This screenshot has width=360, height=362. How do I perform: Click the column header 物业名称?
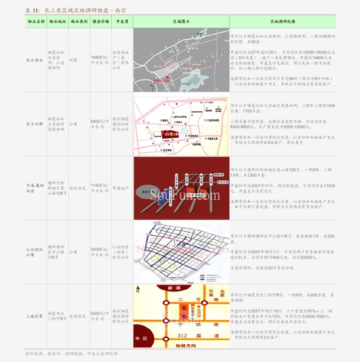35,21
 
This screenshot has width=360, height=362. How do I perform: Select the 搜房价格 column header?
100,21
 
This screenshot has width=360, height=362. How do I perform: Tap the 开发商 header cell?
122,21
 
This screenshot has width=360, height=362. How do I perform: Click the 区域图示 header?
181,21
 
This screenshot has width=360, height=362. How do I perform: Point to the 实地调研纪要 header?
282,21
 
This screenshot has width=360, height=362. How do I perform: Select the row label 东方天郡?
35,125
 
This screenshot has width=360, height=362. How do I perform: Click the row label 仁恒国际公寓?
35,253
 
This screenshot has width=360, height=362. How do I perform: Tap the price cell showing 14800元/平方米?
100,60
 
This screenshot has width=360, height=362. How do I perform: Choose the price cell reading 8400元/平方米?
100,124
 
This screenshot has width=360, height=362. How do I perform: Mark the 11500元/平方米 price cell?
100,188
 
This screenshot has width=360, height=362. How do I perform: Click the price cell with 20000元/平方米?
100,252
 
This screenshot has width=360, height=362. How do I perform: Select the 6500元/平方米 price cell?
100,316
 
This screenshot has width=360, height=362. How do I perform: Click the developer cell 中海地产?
121,188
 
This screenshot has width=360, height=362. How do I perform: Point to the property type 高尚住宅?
78,188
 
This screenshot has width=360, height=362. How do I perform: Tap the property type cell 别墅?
74,60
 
